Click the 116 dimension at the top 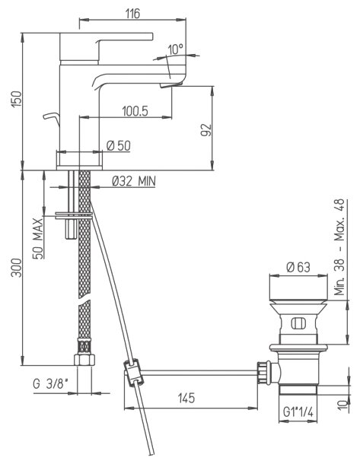[132, 14]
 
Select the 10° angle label [176, 49]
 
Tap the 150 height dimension [17, 99]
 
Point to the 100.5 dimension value [135, 111]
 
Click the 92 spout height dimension [206, 130]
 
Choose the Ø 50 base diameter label [119, 145]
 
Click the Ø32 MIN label [134, 181]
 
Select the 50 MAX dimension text [38, 239]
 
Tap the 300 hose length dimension [17, 268]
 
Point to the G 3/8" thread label [50, 384]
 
